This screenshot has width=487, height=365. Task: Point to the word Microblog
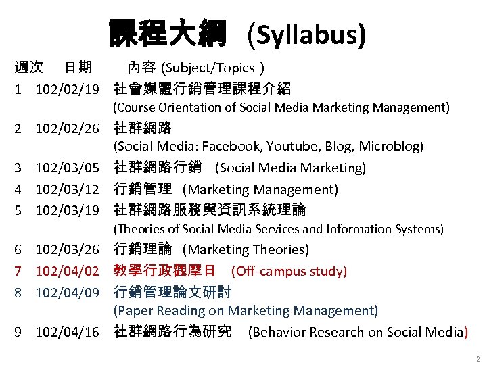point(391,146)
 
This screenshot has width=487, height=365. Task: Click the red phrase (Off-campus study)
point(289,271)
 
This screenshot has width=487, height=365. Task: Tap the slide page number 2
point(477,358)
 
